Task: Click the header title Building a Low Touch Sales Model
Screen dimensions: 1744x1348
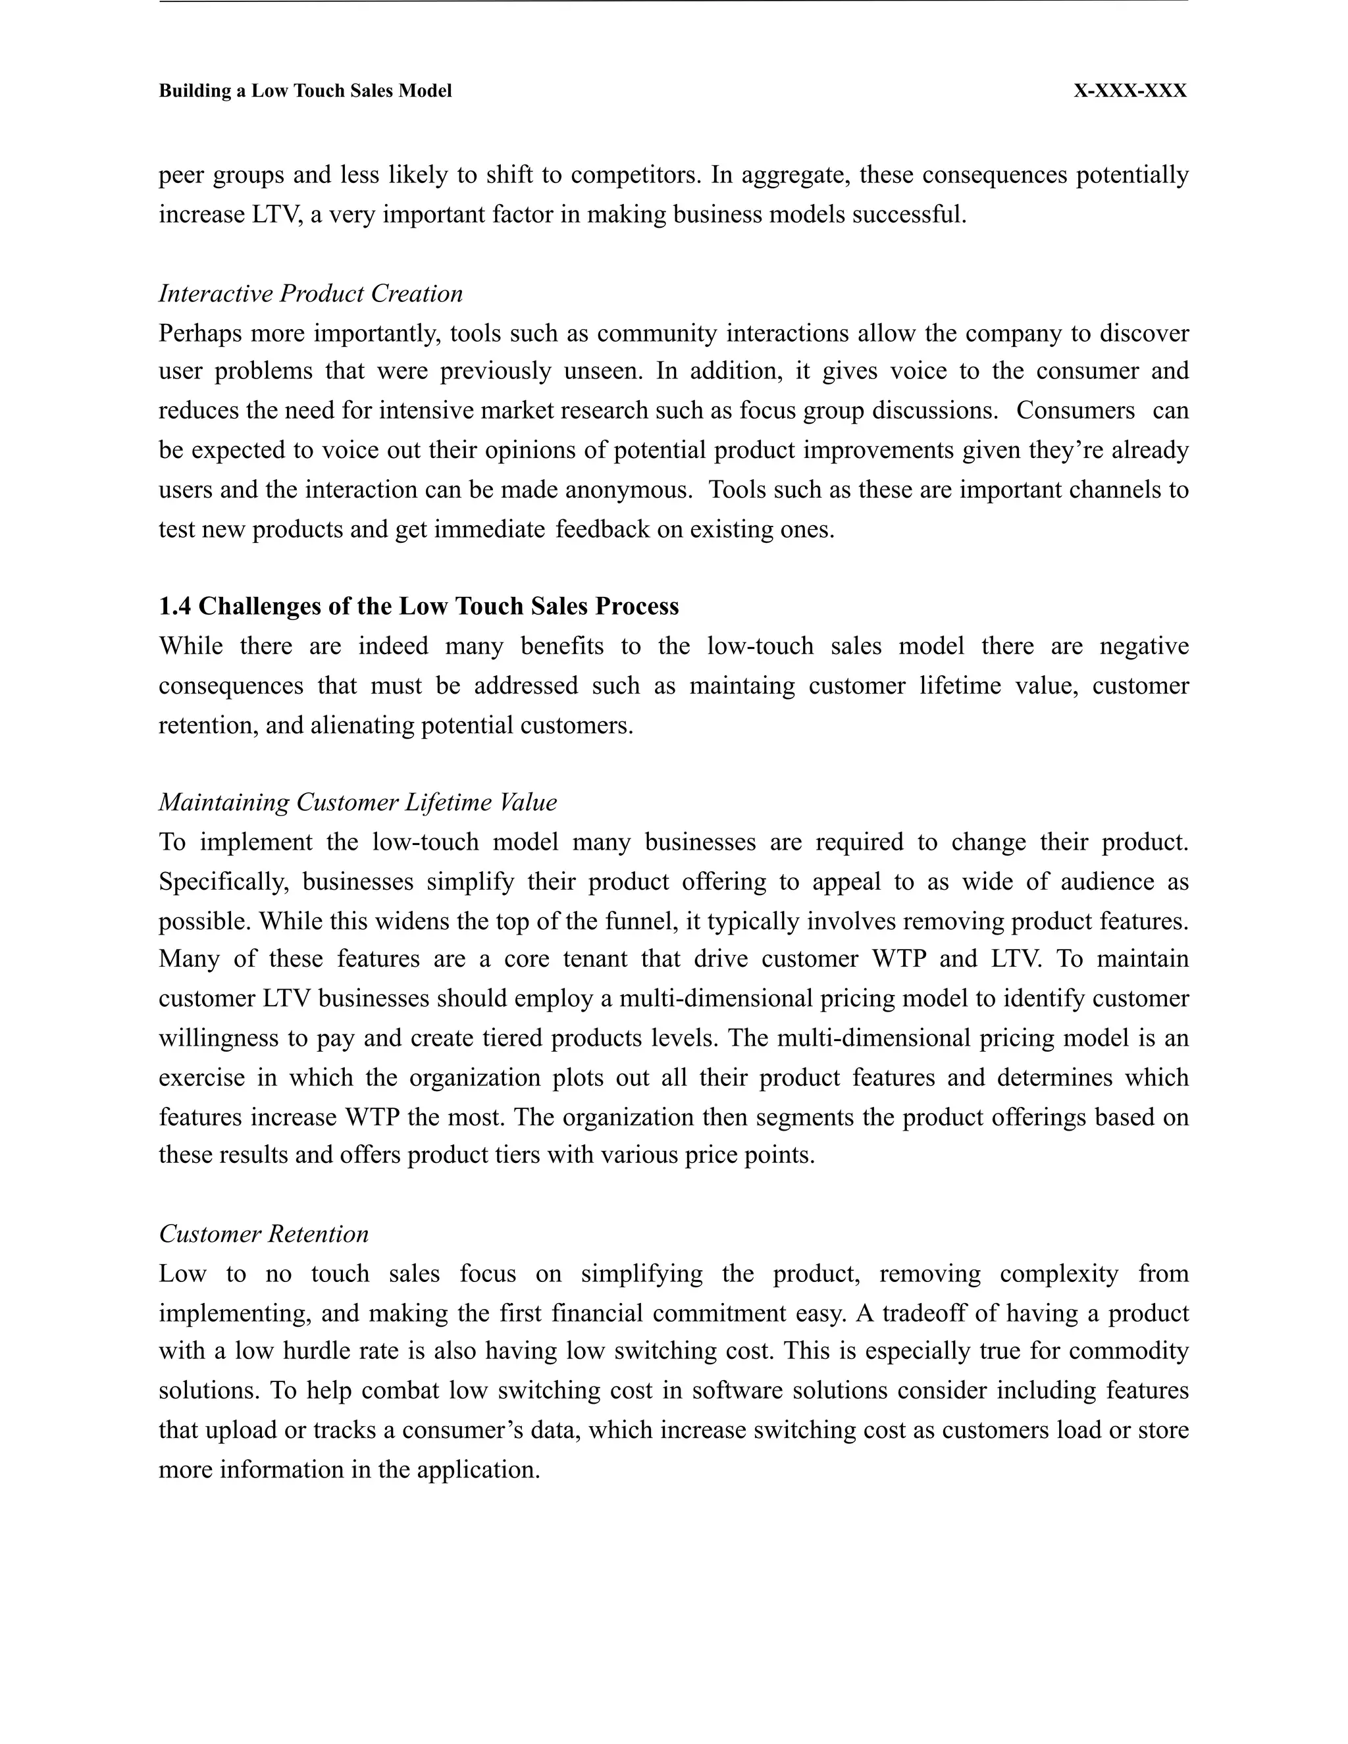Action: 305,91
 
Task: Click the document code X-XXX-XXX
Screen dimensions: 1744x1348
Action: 1130,91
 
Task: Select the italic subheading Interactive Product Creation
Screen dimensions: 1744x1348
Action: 311,294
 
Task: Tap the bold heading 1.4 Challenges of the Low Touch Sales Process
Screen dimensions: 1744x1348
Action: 419,606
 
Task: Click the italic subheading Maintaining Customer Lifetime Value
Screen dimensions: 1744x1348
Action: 358,802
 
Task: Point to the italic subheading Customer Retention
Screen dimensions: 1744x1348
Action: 263,1234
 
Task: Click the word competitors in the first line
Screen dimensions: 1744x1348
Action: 636,175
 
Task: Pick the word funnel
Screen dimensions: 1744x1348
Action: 642,921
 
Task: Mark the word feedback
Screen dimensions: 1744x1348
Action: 602,529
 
